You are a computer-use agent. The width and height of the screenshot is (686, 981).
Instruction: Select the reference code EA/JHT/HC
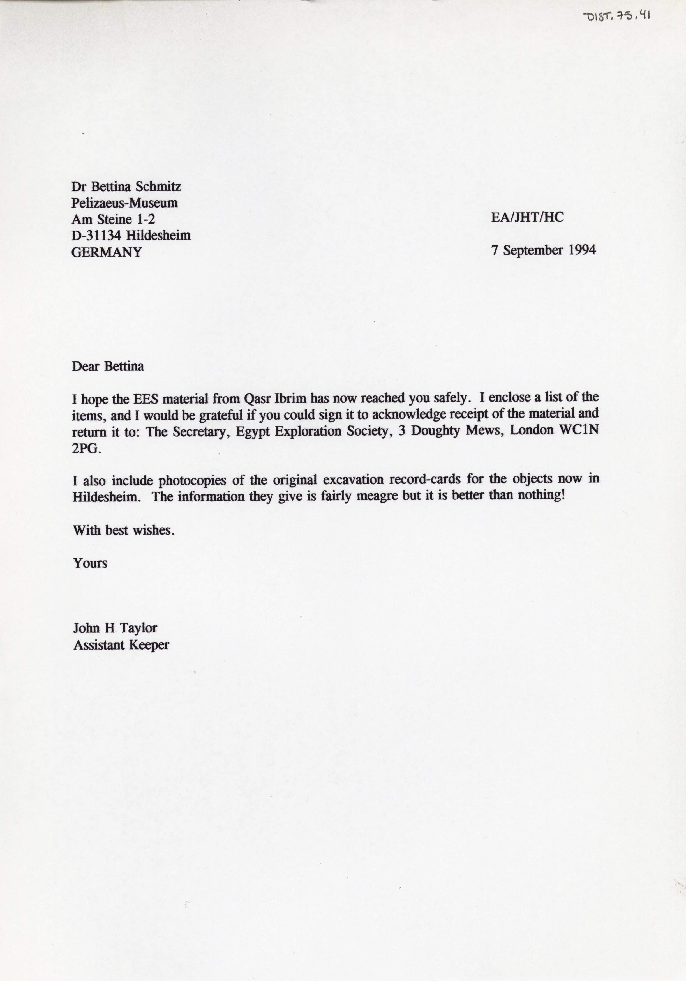527,217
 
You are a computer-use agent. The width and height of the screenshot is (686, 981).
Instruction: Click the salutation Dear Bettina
108,367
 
